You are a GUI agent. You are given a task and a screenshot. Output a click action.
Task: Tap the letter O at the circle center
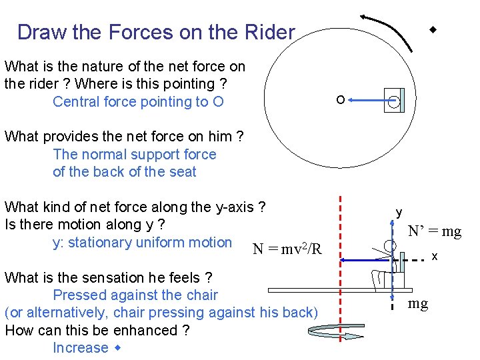tap(340, 100)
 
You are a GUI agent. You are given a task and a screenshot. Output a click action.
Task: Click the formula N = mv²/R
tap(287, 249)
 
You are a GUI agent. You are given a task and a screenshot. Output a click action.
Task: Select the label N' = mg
tap(435, 231)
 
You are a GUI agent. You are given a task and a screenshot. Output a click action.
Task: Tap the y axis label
tap(399, 212)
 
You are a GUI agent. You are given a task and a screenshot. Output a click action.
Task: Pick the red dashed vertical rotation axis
tap(341, 267)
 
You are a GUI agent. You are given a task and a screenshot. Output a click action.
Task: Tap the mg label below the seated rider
tap(418, 304)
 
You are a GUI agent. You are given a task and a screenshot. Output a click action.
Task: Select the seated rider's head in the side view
tap(390, 245)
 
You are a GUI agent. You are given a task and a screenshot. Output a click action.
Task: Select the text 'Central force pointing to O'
tap(138, 101)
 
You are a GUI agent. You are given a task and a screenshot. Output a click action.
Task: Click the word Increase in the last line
tap(80, 347)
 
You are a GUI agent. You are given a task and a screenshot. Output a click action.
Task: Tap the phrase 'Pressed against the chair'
tap(135, 295)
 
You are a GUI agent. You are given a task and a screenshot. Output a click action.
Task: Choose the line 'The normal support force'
tap(135, 154)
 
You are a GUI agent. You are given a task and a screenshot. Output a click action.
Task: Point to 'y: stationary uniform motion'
tap(142, 242)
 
